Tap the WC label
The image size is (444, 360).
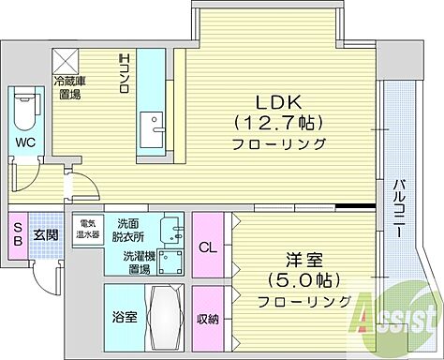coord(22,143)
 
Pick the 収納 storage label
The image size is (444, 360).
coord(208,319)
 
